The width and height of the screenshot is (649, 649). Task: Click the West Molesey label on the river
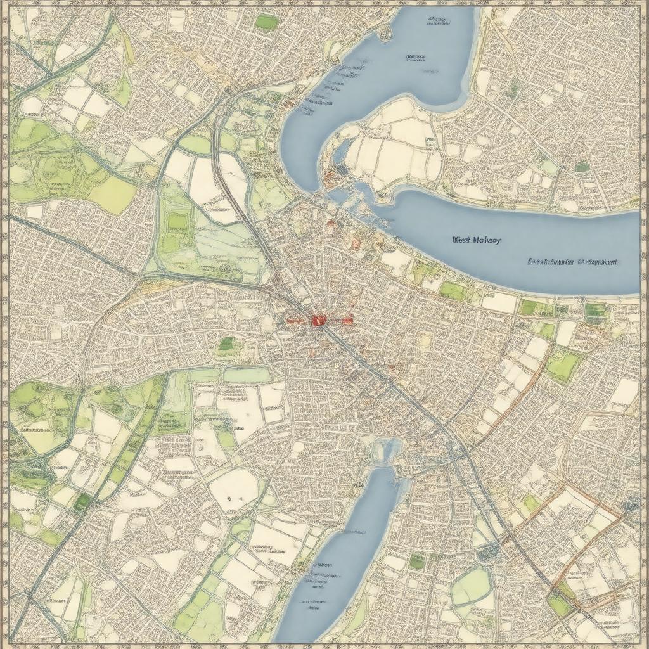click(476, 240)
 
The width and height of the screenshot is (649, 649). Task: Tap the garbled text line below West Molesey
click(572, 261)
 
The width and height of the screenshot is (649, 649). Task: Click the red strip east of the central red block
click(340, 321)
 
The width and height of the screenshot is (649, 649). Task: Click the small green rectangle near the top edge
click(267, 22)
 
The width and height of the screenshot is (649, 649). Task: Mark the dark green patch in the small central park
click(226, 344)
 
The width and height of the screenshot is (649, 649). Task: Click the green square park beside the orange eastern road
click(563, 366)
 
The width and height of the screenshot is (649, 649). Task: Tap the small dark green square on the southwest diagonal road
click(81, 503)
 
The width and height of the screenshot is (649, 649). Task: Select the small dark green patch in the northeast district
click(581, 166)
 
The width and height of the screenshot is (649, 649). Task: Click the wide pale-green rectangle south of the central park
click(247, 375)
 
